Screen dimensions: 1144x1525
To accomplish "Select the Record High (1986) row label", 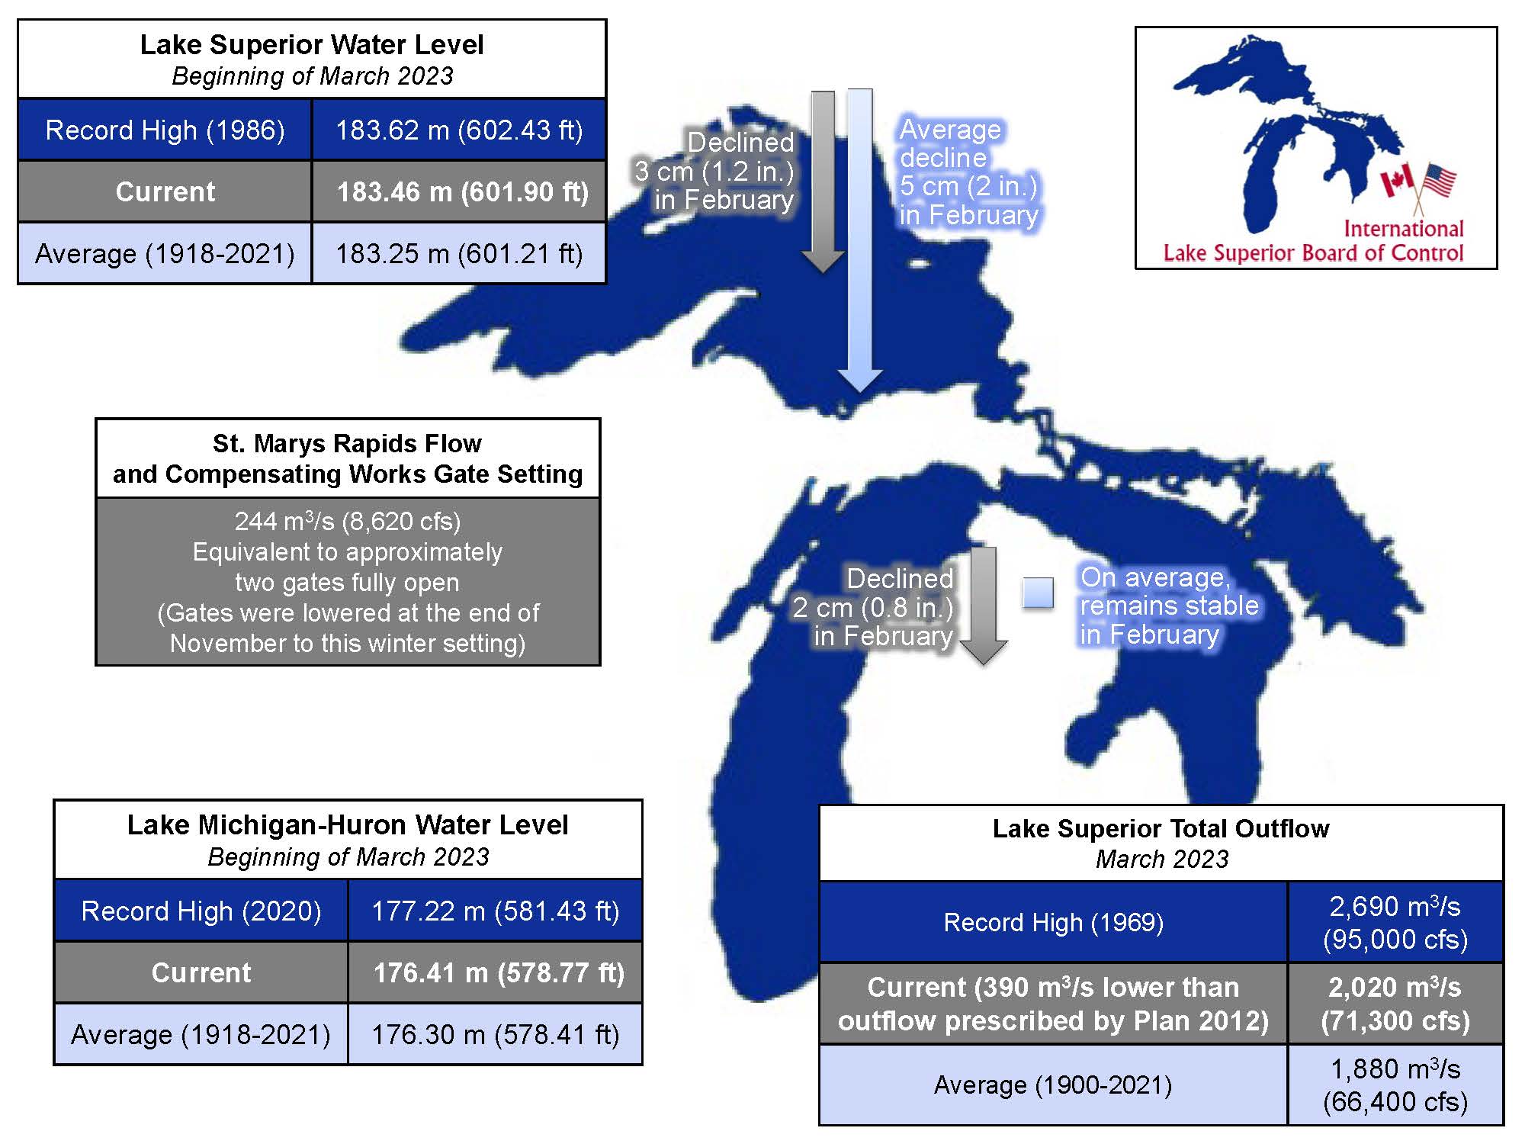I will pyautogui.click(x=165, y=130).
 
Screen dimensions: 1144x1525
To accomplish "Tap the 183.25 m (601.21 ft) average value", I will pyautogui.click(x=460, y=253).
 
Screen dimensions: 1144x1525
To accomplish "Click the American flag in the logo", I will pyautogui.click(x=1439, y=181).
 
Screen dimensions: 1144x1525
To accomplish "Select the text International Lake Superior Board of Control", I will pyautogui.click(x=1313, y=241).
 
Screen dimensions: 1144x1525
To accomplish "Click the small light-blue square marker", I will pyautogui.click(x=1038, y=593).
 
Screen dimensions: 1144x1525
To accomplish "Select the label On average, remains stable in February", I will pyautogui.click(x=1168, y=606).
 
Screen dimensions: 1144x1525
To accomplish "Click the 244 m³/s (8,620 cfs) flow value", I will pyautogui.click(x=348, y=522).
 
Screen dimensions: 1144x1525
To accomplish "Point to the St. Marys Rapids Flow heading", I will pyautogui.click(x=348, y=458).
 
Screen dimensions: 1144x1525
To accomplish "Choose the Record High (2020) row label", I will pyautogui.click(x=201, y=911).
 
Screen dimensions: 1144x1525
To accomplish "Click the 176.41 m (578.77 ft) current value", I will pyautogui.click(x=496, y=972).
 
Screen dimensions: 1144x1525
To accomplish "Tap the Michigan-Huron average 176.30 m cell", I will pyautogui.click(x=496, y=1034).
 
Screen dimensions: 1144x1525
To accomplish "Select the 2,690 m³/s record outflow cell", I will pyautogui.click(x=1395, y=922).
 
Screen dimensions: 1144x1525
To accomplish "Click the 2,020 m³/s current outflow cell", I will pyautogui.click(x=1395, y=1004).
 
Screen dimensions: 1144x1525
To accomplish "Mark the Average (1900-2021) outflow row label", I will pyautogui.click(x=1053, y=1085).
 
